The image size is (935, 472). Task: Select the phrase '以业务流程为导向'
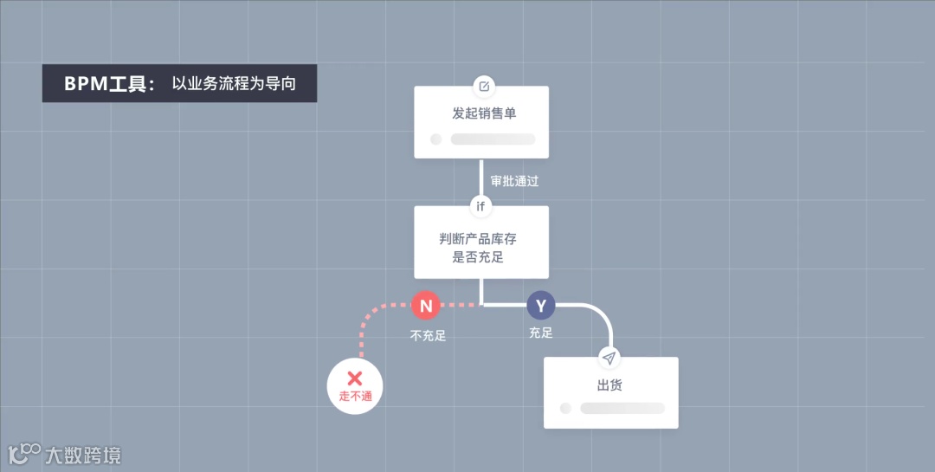coord(234,84)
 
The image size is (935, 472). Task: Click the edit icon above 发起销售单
coord(484,86)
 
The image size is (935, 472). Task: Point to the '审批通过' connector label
coord(515,182)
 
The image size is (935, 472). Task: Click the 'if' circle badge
coord(480,206)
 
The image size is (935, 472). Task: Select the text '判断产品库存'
coord(478,239)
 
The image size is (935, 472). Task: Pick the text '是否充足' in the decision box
coord(478,257)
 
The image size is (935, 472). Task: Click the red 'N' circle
coord(425,305)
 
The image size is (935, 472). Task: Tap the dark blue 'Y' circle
coord(541,305)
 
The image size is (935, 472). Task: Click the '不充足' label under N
coord(428,335)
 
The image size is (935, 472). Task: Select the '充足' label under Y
coord(540,333)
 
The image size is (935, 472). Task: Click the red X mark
coord(354,378)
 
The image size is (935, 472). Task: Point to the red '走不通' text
coord(355,397)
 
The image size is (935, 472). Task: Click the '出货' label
coord(610,385)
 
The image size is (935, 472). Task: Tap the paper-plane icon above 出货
coord(609,358)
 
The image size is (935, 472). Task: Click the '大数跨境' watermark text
coord(83,455)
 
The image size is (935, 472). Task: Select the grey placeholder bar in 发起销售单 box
coord(493,139)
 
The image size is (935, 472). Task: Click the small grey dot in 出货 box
coord(565,408)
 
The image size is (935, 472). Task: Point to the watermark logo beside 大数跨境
coord(23,453)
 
